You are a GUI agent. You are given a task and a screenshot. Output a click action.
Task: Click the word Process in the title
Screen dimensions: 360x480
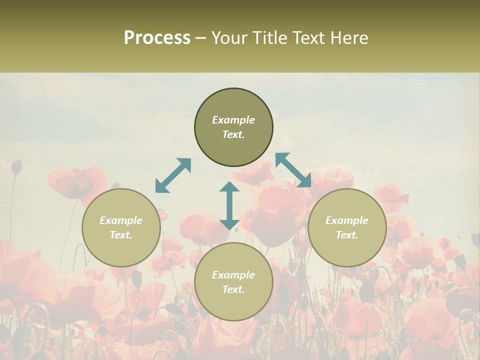pos(157,38)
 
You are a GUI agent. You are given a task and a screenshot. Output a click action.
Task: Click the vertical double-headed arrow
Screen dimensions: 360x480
pos(229,205)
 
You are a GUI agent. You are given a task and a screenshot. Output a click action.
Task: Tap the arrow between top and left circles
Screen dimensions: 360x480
pos(173,175)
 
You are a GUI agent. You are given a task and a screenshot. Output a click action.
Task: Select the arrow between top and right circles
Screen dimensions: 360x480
pos(293,170)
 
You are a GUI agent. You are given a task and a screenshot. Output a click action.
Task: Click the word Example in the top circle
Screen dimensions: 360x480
pos(233,120)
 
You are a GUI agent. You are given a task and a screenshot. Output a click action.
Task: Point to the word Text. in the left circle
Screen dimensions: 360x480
pos(121,235)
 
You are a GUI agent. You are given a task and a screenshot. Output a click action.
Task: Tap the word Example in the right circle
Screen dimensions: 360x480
pos(347,220)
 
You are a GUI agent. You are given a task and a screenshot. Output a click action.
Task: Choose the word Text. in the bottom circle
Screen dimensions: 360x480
pos(233,289)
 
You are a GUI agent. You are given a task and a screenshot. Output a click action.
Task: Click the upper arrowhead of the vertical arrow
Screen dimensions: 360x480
pos(229,187)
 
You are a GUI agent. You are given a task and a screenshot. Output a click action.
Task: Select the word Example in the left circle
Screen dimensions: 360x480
pos(121,220)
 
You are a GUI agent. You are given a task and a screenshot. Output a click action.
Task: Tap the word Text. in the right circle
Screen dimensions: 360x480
pos(347,235)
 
